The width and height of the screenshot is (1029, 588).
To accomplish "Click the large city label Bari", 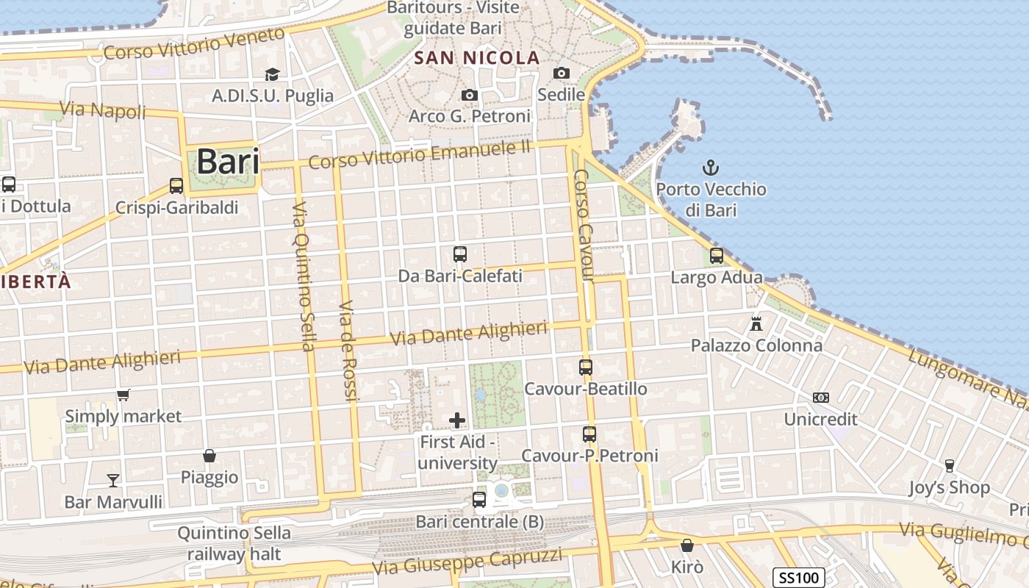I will point(228,161).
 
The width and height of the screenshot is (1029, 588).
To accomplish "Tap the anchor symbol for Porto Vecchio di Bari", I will point(711,168).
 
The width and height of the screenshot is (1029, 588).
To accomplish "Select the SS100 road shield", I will point(799,577).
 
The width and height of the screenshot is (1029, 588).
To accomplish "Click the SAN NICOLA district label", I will point(477,58).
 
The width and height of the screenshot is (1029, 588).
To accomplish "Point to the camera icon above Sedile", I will point(562,73).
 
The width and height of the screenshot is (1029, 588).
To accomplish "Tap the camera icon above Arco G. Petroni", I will point(469,95).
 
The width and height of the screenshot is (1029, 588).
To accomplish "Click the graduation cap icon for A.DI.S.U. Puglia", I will point(273,74).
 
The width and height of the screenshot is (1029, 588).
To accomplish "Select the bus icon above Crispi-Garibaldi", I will point(176,186).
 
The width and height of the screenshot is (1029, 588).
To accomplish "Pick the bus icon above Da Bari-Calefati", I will point(460,254).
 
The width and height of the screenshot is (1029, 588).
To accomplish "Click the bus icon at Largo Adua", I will point(717,256).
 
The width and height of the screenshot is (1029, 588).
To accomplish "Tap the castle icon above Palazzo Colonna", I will point(756,323).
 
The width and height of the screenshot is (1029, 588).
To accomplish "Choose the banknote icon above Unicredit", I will point(821,398).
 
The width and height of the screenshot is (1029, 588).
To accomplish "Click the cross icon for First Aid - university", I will point(457,420).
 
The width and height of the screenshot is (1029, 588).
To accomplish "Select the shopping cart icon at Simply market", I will point(123,395).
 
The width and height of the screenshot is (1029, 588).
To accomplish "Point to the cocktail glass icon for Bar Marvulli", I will point(113,481).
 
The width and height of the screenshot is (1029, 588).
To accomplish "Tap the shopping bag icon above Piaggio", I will point(209,456).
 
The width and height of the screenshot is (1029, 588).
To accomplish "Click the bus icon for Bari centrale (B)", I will point(479,500).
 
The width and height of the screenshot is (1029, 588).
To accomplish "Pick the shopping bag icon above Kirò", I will point(687,545).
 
